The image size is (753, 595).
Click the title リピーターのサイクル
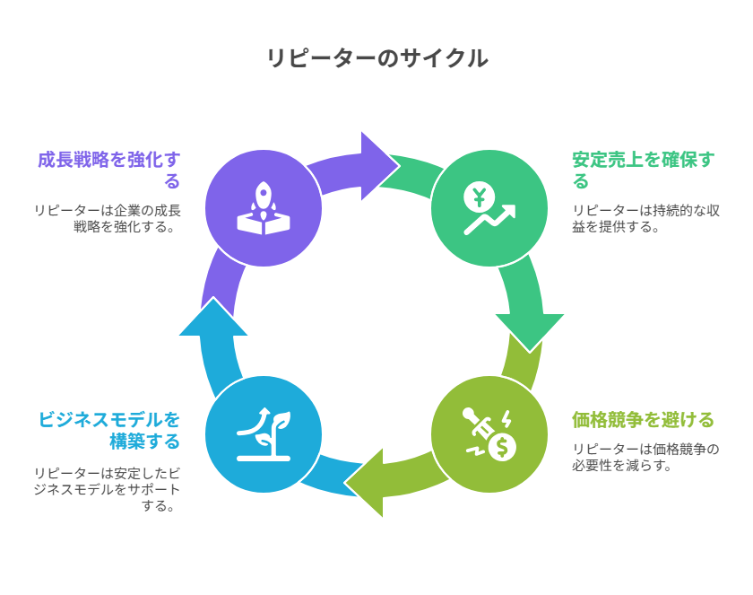pyautogui.click(x=376, y=58)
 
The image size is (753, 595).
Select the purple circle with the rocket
pyautogui.click(x=264, y=208)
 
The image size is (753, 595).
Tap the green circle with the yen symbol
pyautogui.click(x=489, y=208)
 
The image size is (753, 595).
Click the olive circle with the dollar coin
pyautogui.click(x=489, y=434)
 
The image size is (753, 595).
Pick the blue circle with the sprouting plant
pyautogui.click(x=264, y=434)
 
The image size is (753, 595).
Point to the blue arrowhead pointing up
pyautogui.click(x=213, y=319)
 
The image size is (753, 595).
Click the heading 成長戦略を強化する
pyautogui.click(x=109, y=170)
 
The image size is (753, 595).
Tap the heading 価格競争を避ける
pyautogui.click(x=643, y=419)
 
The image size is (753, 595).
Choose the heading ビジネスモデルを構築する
pyautogui.click(x=109, y=430)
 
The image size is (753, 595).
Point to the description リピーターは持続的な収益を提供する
pyautogui.click(x=645, y=218)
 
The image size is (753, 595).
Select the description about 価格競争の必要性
pyautogui.click(x=645, y=457)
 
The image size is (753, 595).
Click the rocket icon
pyautogui.click(x=264, y=201)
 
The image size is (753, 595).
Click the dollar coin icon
pyautogui.click(x=502, y=446)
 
